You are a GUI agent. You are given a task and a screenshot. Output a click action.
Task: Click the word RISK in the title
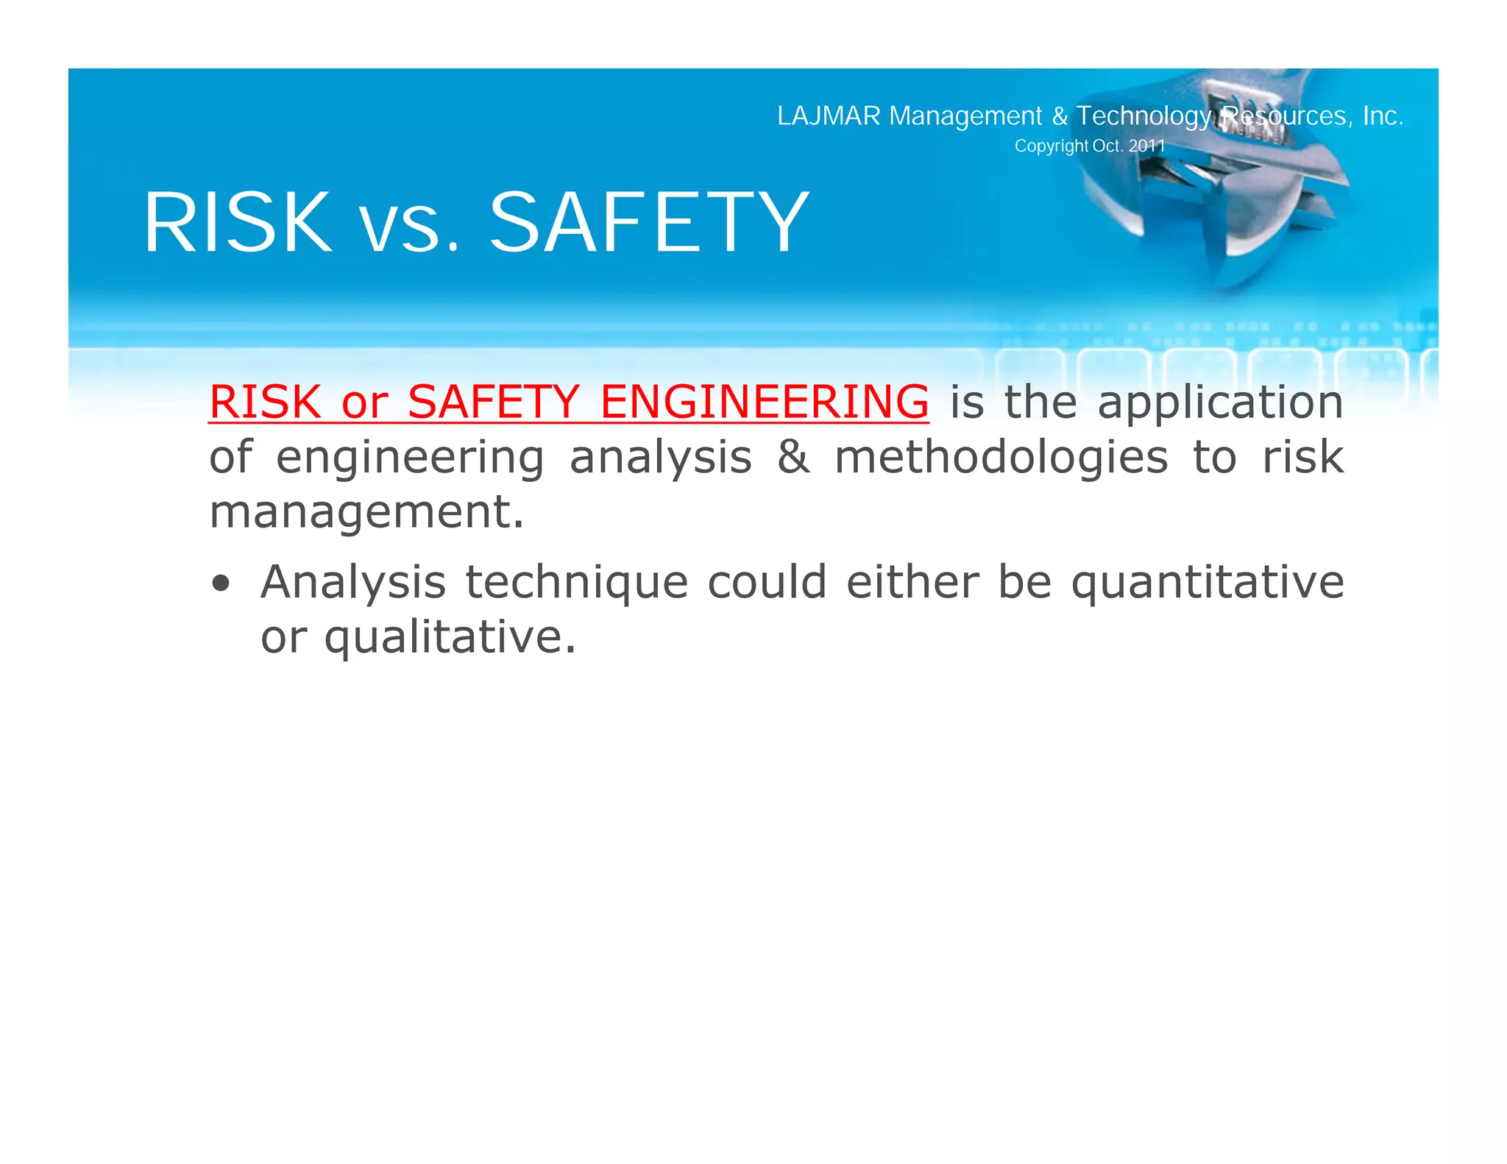pos(238,222)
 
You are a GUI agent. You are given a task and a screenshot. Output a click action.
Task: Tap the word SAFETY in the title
pos(649,222)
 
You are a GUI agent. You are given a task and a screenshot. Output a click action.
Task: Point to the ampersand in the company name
pos(1059,116)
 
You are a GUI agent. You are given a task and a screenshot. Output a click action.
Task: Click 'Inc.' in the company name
pos(1383,116)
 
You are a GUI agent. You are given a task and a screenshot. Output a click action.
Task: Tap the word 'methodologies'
pos(1001,457)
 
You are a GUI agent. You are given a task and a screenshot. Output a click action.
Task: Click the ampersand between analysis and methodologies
pos(793,457)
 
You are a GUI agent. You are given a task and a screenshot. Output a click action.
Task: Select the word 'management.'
pos(366,512)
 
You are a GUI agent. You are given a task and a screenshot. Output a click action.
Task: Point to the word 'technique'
pos(577,583)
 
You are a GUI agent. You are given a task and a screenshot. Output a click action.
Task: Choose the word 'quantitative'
pos(1207,583)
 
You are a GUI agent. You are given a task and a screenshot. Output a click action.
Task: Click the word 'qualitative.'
pos(450,637)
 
